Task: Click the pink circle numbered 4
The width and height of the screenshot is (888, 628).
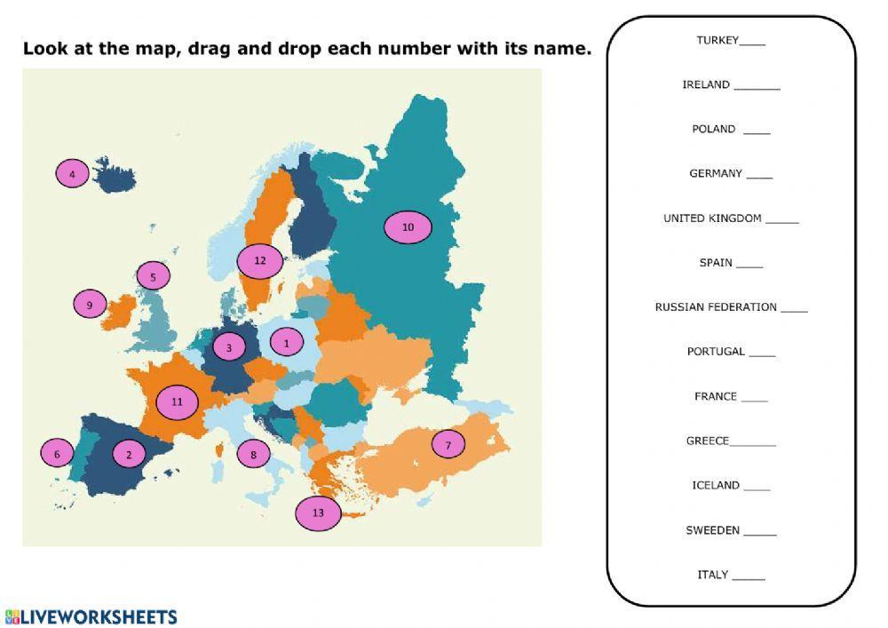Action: coord(73,173)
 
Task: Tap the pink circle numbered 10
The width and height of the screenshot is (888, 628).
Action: coord(408,227)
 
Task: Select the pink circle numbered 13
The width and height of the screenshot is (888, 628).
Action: coord(318,513)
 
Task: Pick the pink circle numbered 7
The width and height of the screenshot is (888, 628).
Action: coord(448,444)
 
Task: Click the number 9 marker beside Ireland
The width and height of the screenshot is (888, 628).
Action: coord(90,305)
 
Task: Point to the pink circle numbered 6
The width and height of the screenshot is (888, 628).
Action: coord(57,454)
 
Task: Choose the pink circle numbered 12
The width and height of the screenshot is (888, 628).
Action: coord(259,261)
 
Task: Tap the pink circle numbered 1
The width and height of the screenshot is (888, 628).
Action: coord(286,341)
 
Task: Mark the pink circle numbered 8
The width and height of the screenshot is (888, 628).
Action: coord(253,455)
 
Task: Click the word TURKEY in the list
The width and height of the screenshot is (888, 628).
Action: coord(718,40)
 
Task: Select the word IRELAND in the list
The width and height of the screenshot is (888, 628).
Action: coord(706,84)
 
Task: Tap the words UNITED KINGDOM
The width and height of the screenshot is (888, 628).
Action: coord(712,218)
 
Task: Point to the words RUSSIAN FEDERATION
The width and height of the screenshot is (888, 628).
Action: coord(716,307)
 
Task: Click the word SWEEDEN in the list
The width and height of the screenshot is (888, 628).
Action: coord(712,530)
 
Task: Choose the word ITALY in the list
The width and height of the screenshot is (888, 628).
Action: coord(712,575)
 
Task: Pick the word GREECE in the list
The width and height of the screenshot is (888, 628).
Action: coord(708,441)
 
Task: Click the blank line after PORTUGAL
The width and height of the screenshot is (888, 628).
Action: coord(762,354)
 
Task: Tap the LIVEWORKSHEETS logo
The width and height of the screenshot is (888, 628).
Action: coord(91,616)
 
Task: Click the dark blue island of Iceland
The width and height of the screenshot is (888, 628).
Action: coord(115,178)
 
